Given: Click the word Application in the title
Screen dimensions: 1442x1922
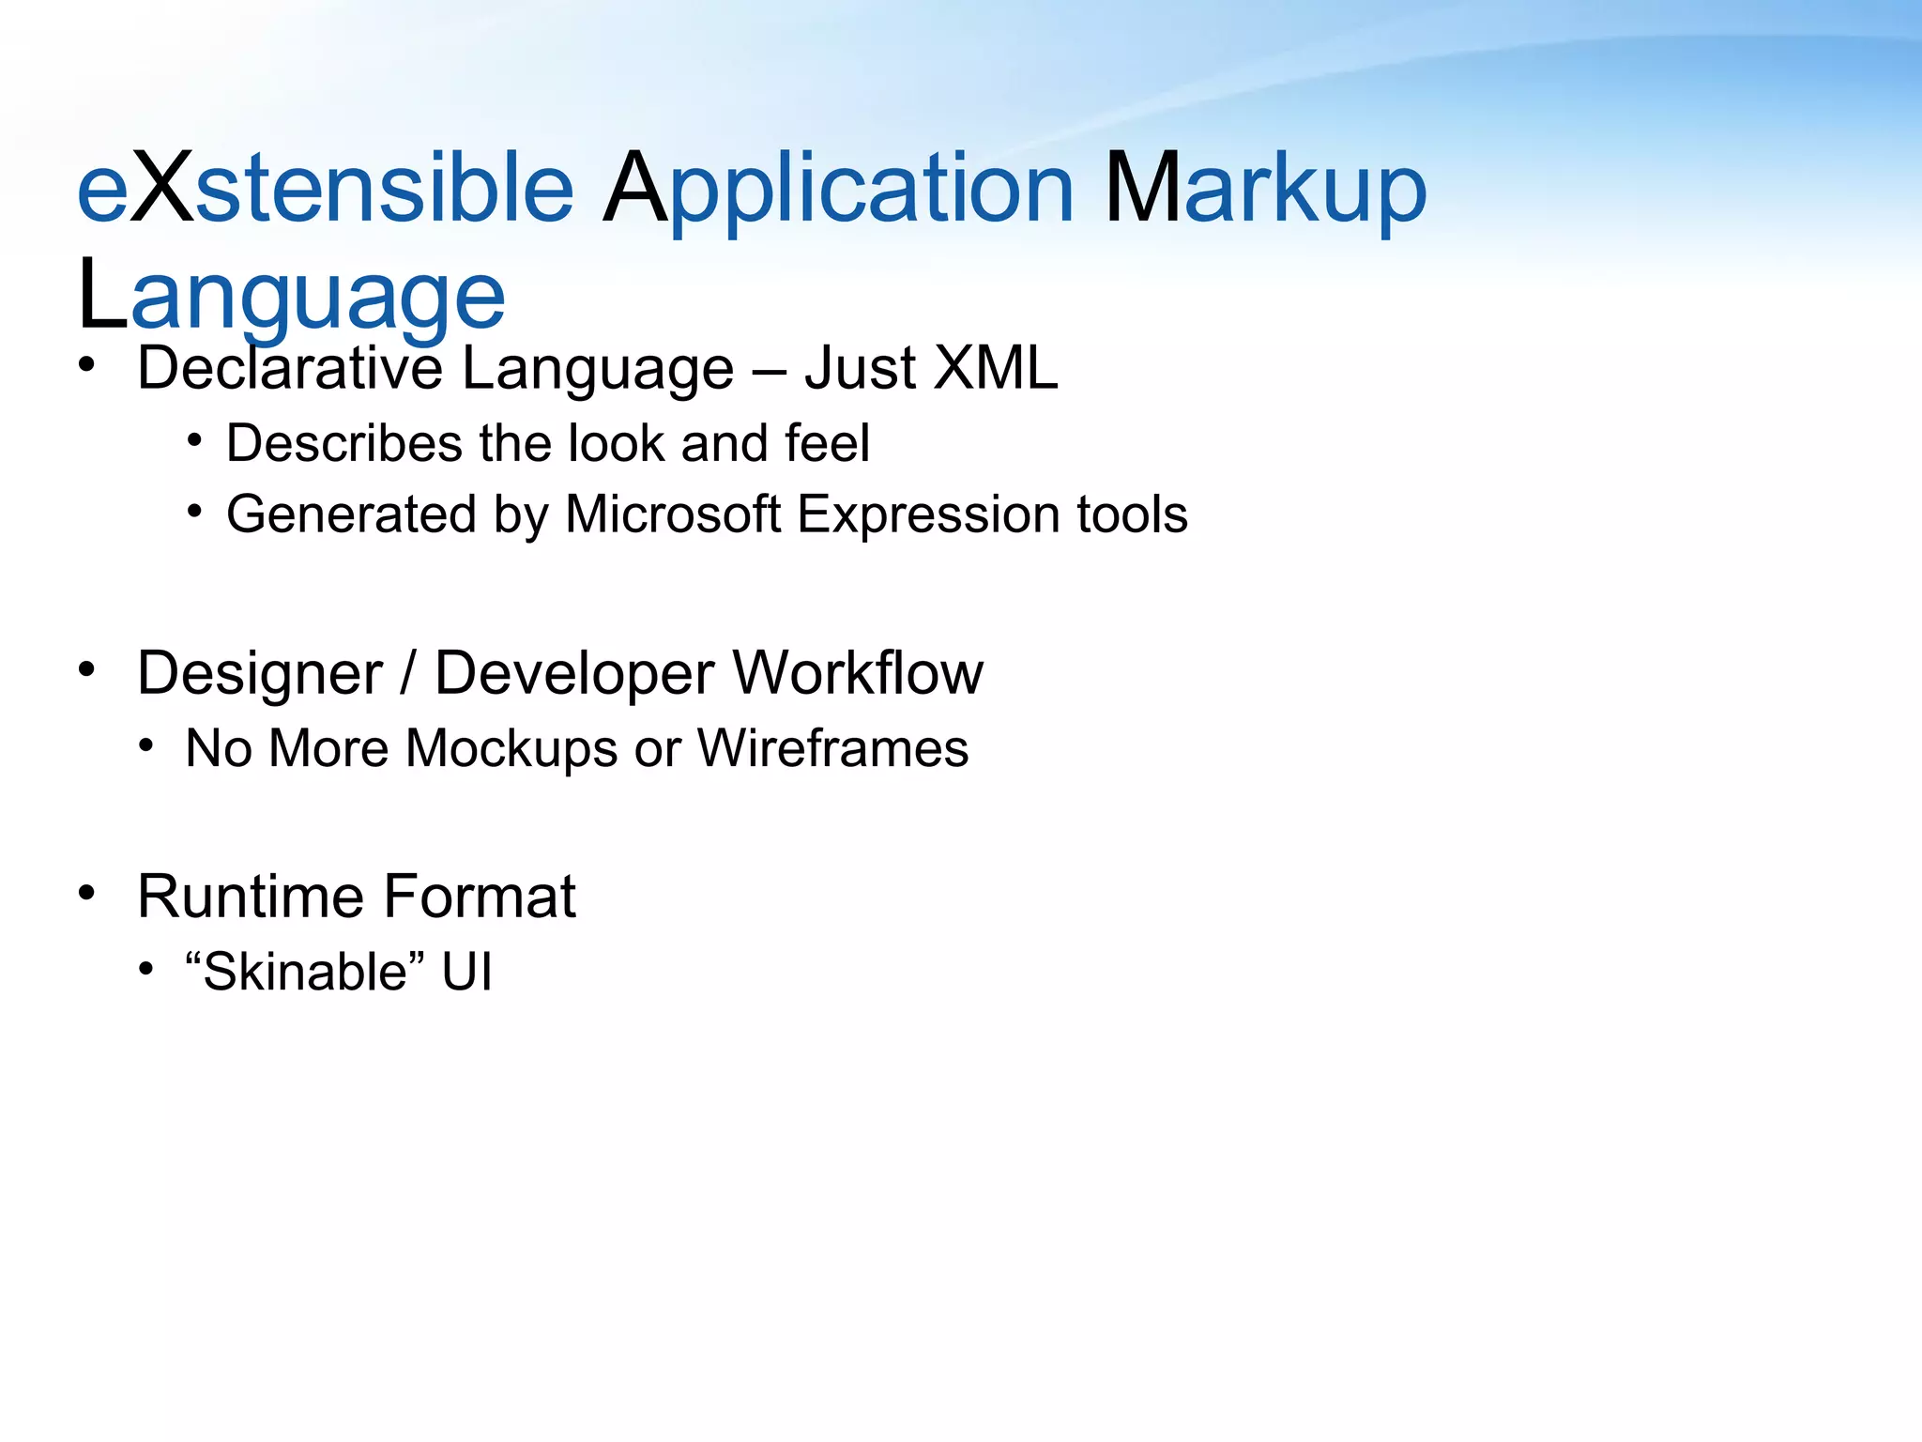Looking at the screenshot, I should click(837, 190).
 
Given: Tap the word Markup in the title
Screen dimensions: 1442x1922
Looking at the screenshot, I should click(1265, 190).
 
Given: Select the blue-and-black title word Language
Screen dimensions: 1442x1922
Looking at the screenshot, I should click(291, 297).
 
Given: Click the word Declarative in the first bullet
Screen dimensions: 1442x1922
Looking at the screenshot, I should click(289, 368).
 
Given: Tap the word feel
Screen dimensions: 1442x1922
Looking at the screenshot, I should click(827, 443).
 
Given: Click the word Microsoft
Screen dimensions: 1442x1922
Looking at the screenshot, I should click(673, 514).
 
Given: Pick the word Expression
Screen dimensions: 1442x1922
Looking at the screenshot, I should click(929, 516).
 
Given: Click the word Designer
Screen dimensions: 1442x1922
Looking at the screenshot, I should click(260, 674).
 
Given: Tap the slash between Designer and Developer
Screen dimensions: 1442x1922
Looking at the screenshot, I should click(407, 674).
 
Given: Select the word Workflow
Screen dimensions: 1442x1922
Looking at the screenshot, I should click(858, 674).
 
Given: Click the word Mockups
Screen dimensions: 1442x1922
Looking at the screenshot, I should click(512, 749).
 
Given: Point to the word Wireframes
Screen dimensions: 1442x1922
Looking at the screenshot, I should click(832, 748).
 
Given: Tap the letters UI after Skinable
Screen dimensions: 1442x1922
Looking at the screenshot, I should click(466, 971).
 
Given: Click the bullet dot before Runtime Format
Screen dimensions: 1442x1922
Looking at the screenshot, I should click(87, 893).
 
